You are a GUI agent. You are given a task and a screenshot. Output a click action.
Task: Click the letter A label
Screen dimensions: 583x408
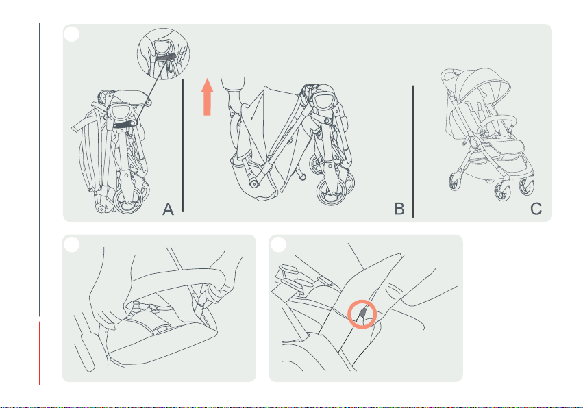[x=168, y=209]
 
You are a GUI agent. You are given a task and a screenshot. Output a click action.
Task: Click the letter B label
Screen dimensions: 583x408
[x=399, y=209]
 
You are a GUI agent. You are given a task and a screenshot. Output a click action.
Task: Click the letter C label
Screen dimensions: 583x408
[x=536, y=209]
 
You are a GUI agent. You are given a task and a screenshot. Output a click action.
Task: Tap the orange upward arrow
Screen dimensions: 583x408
[x=207, y=97]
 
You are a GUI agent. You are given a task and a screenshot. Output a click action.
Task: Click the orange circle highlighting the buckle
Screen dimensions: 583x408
[x=362, y=314]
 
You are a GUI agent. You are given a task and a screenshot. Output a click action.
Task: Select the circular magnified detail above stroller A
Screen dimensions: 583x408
[x=164, y=53]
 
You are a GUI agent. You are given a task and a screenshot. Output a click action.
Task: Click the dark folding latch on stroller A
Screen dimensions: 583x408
[x=125, y=125]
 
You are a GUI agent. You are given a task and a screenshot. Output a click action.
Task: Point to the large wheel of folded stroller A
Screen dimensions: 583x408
[x=129, y=200]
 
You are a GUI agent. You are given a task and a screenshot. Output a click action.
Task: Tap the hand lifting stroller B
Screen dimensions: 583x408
[x=235, y=101]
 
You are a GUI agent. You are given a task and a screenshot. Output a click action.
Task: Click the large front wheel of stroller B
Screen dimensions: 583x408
[x=332, y=192]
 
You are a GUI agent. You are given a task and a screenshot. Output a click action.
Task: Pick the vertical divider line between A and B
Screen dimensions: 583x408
[x=182, y=145]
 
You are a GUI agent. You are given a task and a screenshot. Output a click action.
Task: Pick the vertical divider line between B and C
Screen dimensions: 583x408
[x=412, y=151]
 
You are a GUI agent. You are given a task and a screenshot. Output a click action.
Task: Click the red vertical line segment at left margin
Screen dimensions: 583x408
[x=40, y=353]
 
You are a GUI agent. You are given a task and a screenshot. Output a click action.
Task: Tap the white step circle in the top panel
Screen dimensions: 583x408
[x=72, y=34]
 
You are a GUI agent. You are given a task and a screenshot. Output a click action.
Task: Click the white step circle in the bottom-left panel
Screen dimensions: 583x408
[x=72, y=245]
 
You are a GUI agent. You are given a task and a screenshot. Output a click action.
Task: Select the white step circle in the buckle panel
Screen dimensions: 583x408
[x=279, y=245]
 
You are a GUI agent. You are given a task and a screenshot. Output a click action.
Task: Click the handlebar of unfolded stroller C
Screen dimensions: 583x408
[x=451, y=74]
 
